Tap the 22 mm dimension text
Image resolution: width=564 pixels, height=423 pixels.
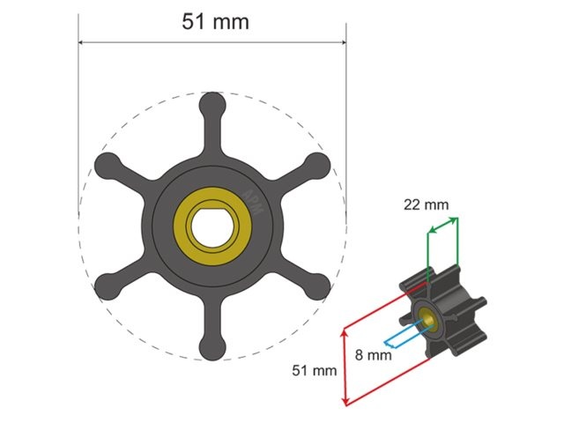point(426,205)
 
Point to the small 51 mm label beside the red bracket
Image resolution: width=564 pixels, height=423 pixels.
point(315,371)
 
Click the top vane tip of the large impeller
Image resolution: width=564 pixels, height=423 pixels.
point(212,105)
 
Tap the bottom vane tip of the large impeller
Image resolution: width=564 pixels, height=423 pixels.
point(212,347)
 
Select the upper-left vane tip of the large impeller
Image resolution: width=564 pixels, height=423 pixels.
point(107,165)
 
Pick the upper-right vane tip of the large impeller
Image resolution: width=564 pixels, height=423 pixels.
point(317,165)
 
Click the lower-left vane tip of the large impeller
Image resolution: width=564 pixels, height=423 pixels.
point(107,287)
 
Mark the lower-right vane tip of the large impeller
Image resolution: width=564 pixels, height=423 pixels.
point(317,287)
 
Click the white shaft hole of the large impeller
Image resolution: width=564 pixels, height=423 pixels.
point(212,226)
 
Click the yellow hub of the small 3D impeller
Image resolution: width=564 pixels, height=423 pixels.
point(429,319)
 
